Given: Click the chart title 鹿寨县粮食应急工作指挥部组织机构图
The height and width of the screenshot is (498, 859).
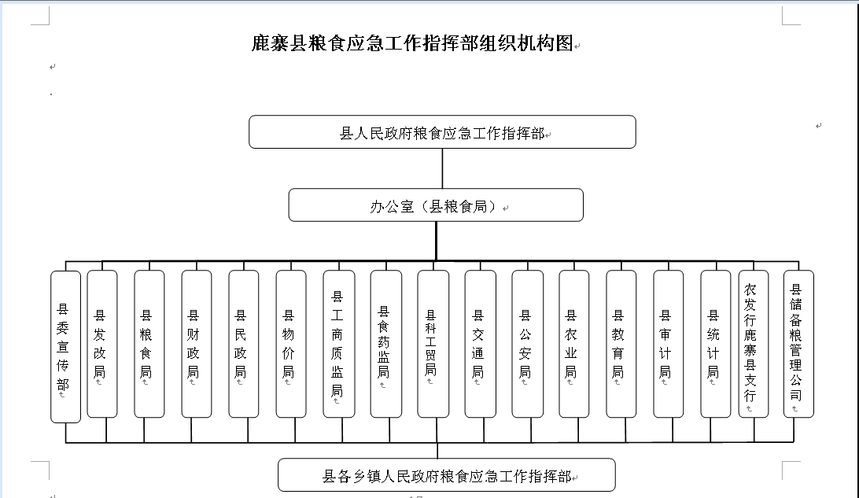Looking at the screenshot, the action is click(x=412, y=42).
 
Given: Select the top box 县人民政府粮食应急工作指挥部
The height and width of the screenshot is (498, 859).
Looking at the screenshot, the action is click(x=442, y=132).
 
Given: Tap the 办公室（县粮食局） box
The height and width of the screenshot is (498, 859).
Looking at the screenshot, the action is click(x=436, y=205).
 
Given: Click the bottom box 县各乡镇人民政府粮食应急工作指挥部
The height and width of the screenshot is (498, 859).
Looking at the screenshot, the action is click(x=447, y=475).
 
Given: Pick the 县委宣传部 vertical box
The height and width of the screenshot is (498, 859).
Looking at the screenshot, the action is click(x=66, y=347).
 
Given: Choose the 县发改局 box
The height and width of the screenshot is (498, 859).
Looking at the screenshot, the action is click(x=102, y=344).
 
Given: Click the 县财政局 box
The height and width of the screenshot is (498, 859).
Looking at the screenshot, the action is click(x=196, y=344).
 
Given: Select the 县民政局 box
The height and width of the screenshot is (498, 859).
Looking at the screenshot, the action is click(x=243, y=344).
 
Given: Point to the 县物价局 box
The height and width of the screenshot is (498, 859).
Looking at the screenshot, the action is click(x=291, y=344).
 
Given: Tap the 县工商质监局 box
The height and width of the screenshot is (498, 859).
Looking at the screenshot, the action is click(x=339, y=344).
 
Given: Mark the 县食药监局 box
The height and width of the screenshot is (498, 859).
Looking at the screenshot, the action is click(x=386, y=344).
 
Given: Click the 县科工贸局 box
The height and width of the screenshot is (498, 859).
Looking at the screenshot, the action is click(x=433, y=344).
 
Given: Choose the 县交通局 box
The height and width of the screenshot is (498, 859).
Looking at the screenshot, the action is click(x=481, y=344).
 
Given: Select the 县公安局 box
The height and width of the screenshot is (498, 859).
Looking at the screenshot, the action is click(x=528, y=344).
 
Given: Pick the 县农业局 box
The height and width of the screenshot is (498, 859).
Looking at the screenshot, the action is click(x=574, y=344).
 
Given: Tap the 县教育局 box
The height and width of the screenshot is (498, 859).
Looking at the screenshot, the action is click(x=621, y=344).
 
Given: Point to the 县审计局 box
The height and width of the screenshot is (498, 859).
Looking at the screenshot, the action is click(x=669, y=344).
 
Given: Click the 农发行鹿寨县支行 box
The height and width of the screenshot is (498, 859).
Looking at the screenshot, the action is click(x=754, y=344).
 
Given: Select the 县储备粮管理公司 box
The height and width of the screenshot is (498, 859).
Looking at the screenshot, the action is click(x=798, y=344).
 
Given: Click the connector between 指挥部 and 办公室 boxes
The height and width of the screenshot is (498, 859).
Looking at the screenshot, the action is click(x=442, y=168).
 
